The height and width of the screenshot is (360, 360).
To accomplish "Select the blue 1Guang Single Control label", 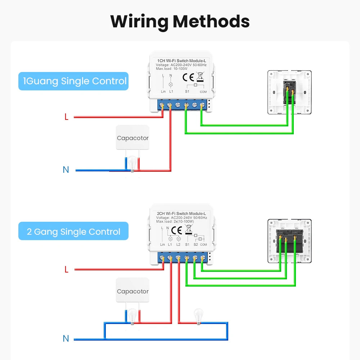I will point(73,81).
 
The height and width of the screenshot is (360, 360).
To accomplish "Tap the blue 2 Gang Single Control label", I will point(73,231).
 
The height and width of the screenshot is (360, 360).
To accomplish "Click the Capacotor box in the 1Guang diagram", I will point(132,138).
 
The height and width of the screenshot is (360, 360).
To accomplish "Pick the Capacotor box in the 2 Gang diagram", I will point(132,291).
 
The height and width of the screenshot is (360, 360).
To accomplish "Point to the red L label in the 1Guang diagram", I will point(66,117).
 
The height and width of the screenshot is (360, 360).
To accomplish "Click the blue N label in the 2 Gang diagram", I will point(66,339).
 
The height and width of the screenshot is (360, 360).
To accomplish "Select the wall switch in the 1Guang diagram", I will point(289,92).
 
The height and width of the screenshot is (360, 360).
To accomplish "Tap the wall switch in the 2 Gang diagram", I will point(289,240).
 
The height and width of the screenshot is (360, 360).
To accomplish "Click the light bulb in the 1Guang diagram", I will point(132,162).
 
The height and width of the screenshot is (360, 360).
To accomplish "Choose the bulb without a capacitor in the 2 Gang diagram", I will point(198,316).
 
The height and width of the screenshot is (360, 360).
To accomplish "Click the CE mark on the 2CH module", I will point(176,230).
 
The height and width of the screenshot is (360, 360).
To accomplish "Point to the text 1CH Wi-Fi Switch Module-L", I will point(181,60).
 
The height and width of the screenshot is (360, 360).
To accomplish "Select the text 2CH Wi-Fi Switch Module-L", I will point(181,213).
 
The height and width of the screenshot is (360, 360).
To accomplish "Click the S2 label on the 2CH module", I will point(196,245).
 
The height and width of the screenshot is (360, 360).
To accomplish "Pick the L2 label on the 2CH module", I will point(179,245).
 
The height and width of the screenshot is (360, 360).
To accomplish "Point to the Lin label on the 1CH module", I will point(163,92).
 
